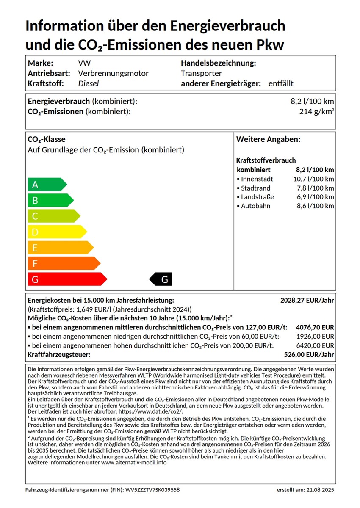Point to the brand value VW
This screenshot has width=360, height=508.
84,63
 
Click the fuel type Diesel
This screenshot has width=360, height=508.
89,83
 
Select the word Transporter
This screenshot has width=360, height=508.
201,73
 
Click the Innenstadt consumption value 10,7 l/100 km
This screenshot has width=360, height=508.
313,179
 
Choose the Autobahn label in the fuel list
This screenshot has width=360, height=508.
255,206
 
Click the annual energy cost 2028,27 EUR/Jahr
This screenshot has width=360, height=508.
307,301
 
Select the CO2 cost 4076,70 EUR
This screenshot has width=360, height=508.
316,328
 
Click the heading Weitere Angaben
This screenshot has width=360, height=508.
268,139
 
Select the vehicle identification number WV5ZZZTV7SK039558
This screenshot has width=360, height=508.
152,490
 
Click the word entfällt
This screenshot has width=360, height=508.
281,83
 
